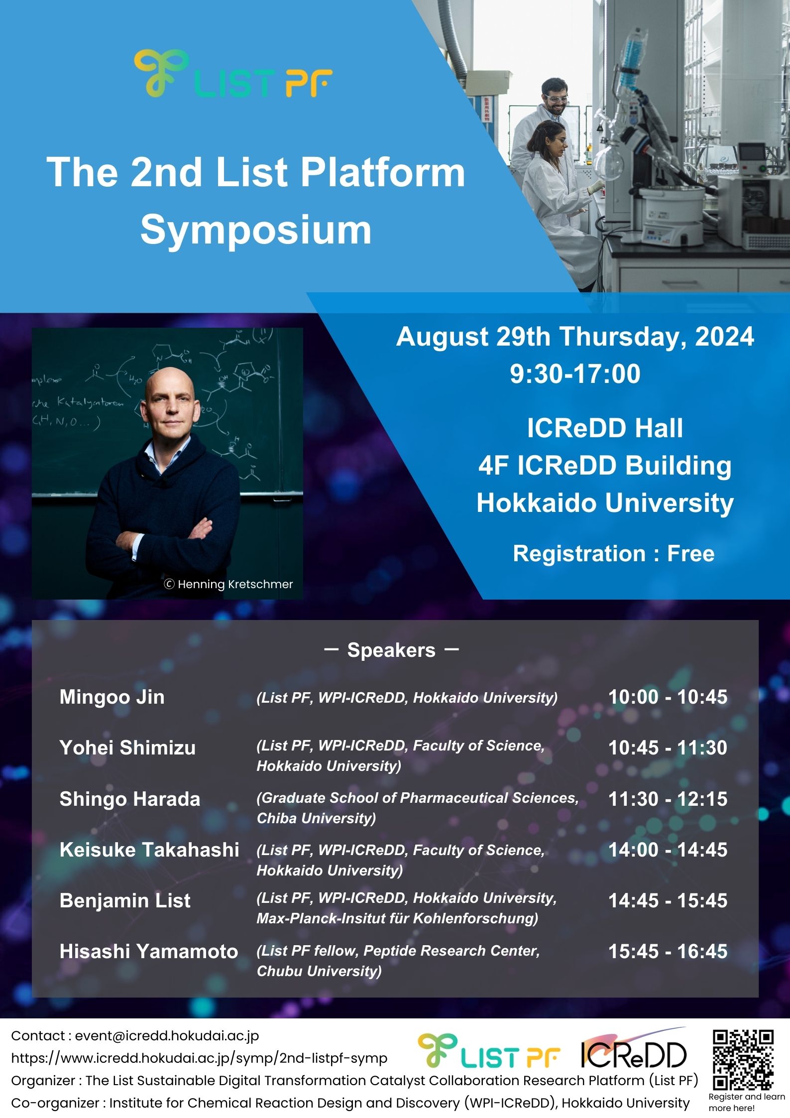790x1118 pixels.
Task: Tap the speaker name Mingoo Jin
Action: coord(112,697)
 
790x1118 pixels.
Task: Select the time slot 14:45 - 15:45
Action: coord(668,900)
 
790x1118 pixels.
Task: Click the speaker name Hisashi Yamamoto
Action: coord(149,951)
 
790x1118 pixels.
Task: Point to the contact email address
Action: coord(167,1036)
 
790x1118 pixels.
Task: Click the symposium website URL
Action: coord(199,1058)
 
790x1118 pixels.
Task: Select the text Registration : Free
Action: coord(613,553)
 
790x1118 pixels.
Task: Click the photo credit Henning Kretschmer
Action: coord(229,584)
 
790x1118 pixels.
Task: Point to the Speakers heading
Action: coord(391,650)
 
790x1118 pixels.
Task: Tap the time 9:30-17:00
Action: coord(575,374)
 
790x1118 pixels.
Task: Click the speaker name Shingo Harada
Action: coord(130,799)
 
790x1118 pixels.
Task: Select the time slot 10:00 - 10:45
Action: coord(668,697)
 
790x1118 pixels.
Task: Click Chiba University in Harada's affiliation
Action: coord(316,818)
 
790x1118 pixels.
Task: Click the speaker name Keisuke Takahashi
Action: coord(149,850)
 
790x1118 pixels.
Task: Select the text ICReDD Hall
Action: coord(605,428)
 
